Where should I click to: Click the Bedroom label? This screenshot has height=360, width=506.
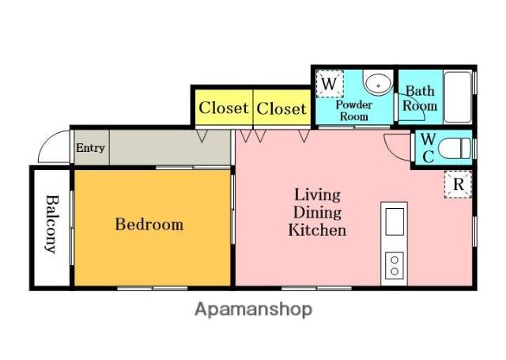[149, 225]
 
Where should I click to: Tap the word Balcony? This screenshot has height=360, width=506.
[52, 224]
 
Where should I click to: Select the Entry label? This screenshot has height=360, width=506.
[90, 148]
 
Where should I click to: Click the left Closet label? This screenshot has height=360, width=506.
[224, 108]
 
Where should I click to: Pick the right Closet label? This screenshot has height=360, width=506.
[281, 108]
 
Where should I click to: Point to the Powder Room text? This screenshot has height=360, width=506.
[354, 111]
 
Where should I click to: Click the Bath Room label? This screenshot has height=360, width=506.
[420, 98]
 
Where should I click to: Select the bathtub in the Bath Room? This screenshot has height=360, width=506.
[458, 97]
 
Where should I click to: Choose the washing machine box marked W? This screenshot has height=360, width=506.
[330, 84]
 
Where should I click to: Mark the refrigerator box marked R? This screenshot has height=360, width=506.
[459, 184]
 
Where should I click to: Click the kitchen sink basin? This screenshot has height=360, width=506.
[395, 222]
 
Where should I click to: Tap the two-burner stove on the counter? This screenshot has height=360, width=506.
[395, 265]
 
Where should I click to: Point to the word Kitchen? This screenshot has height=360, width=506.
[317, 230]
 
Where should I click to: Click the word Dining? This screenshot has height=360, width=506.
[318, 213]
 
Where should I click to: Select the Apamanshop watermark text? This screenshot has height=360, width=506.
[253, 309]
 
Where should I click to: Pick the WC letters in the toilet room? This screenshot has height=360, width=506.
[428, 148]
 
